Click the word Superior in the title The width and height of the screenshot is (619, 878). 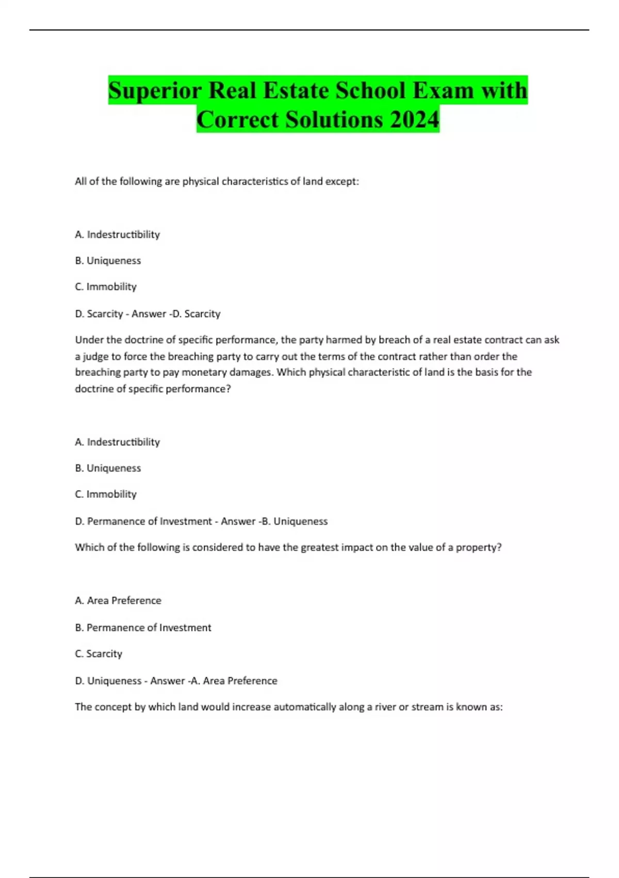pos(155,91)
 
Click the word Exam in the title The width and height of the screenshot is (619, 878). pos(443,91)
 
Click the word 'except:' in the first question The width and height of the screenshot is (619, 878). pos(341,181)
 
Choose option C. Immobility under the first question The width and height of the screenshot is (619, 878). pos(106,287)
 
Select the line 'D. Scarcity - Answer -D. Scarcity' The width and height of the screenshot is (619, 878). pos(148,313)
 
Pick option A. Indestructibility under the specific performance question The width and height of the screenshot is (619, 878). pos(118,442)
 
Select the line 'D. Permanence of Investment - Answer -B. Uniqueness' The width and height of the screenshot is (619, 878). pos(201,521)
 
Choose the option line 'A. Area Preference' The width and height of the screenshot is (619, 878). pos(118,601)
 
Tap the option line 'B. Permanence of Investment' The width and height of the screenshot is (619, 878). pos(143,628)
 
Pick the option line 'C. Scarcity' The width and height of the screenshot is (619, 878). pos(99,654)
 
